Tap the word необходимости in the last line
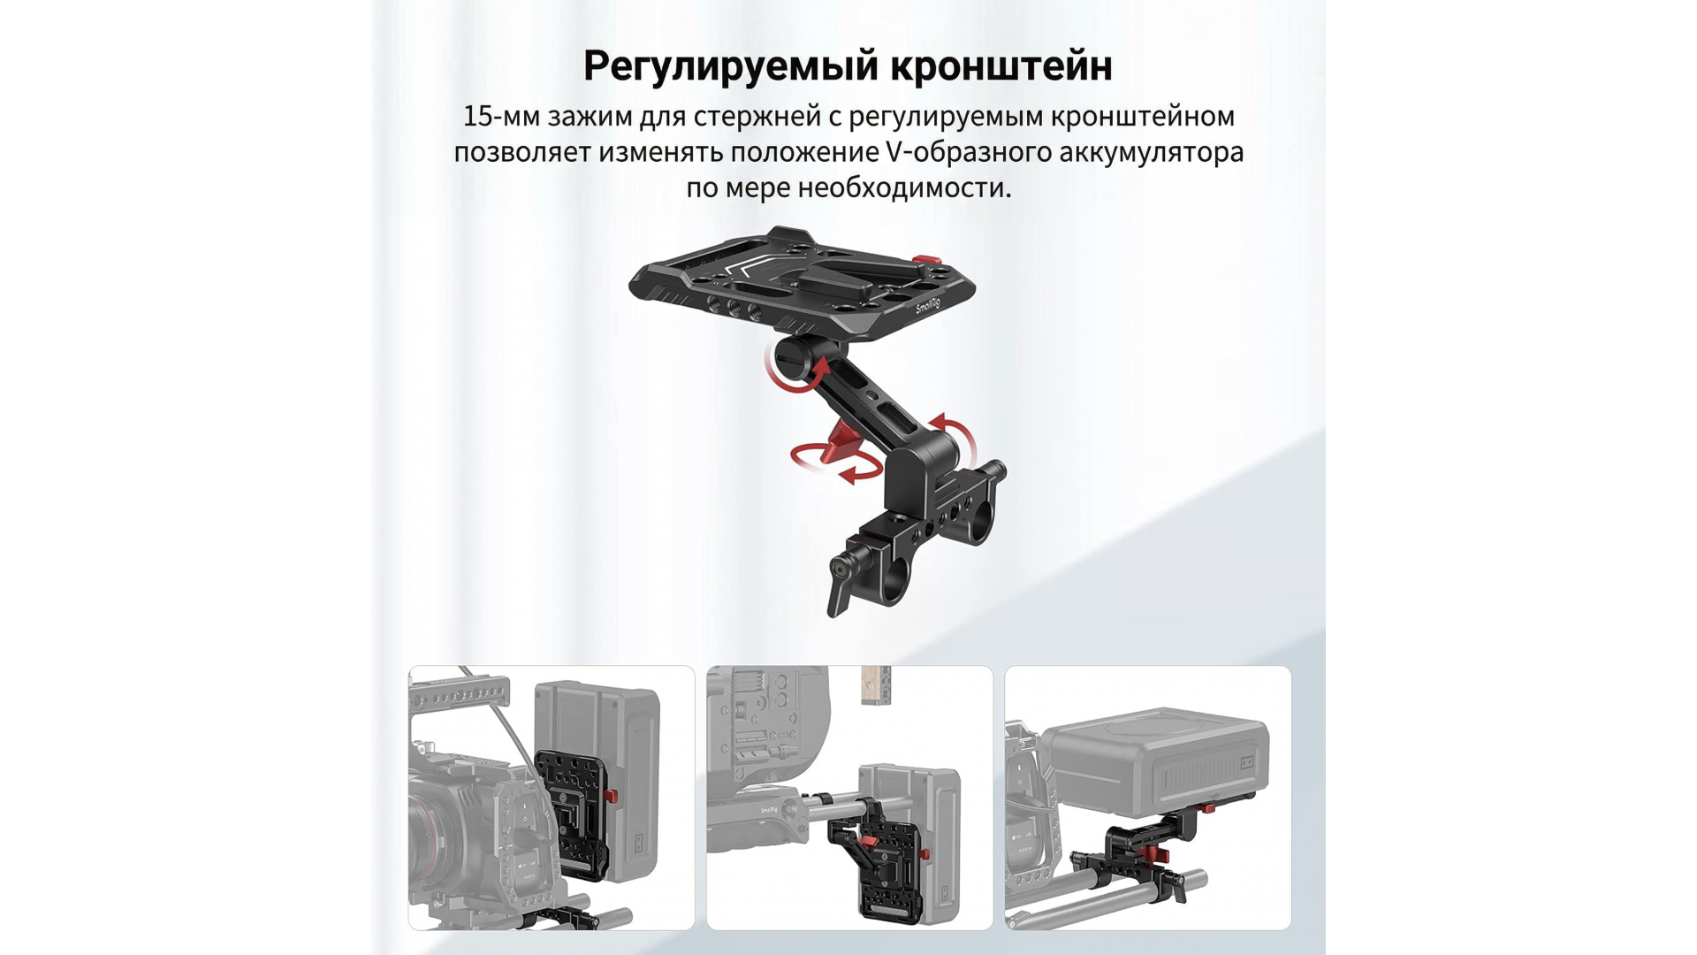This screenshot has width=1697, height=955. [904, 187]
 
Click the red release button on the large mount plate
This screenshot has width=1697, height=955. [921, 258]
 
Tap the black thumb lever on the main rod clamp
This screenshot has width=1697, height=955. [838, 588]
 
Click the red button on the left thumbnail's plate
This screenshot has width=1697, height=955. [613, 798]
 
